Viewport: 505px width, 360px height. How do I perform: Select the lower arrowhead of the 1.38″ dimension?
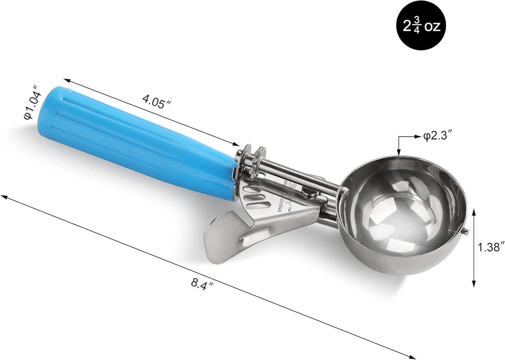pos(474,284)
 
